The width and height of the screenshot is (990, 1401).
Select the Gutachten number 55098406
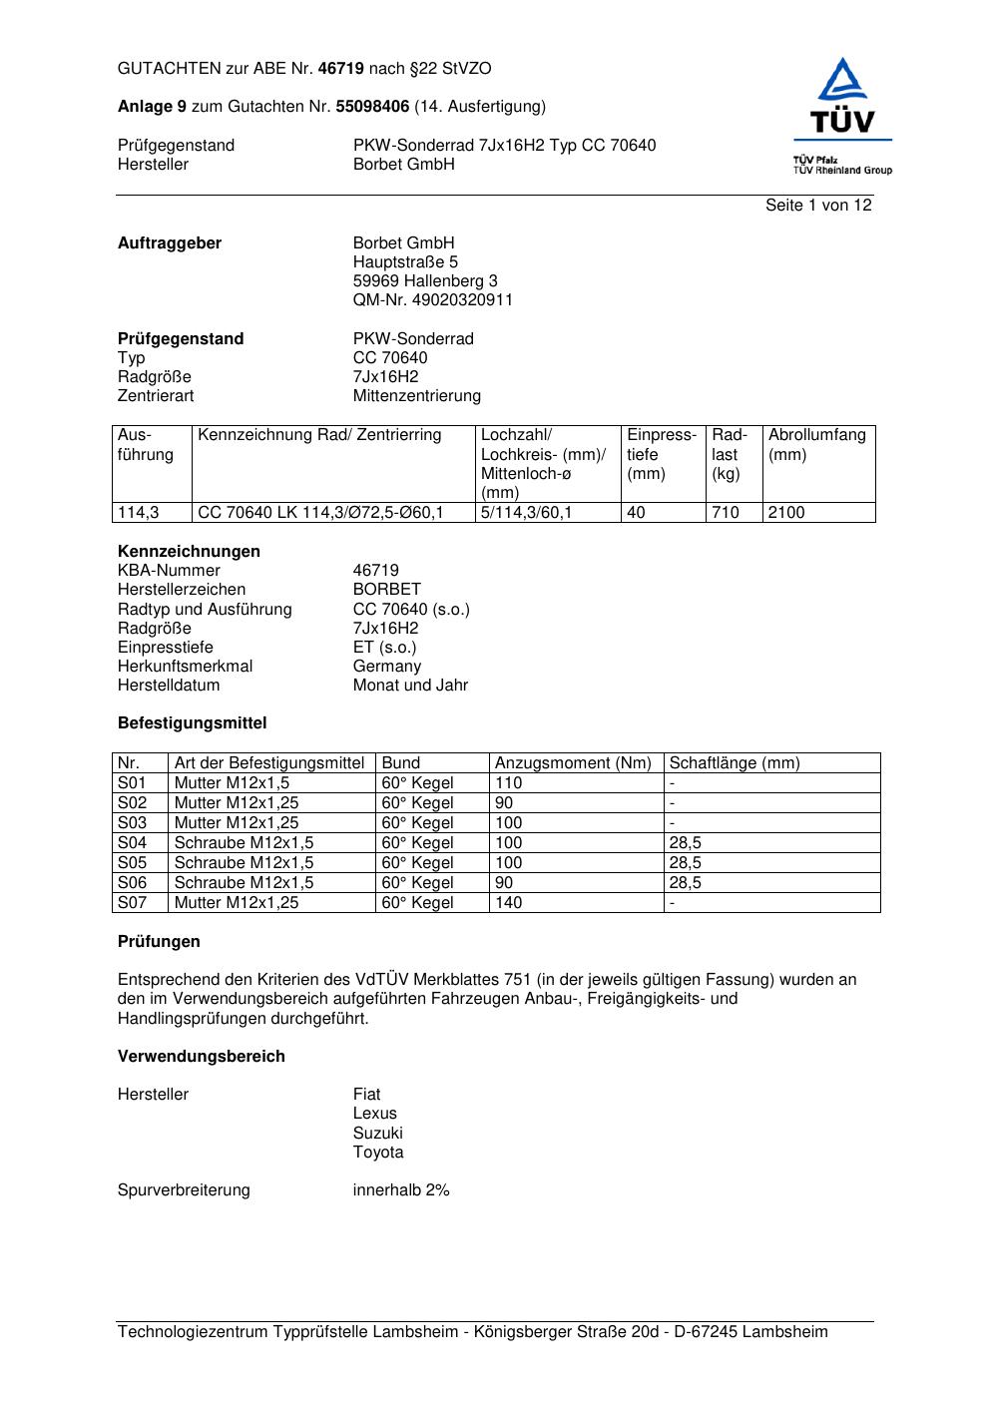372,107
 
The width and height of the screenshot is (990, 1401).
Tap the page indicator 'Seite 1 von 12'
818,206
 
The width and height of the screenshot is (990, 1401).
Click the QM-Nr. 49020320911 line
432,300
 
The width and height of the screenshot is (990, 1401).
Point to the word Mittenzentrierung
416,396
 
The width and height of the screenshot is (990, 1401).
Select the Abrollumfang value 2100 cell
818,513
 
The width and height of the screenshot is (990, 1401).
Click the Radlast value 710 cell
733,513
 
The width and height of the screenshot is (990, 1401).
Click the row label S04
132,843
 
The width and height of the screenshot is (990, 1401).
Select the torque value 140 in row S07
509,903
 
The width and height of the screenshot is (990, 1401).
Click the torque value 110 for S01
509,783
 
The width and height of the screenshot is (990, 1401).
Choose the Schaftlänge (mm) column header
735,763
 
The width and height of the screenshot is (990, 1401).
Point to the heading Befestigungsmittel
192,723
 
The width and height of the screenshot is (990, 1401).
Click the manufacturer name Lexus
374,1114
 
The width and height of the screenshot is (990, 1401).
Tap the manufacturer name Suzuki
377,1134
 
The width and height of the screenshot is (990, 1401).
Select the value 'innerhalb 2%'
401,1190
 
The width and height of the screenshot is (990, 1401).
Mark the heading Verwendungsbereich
201,1057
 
